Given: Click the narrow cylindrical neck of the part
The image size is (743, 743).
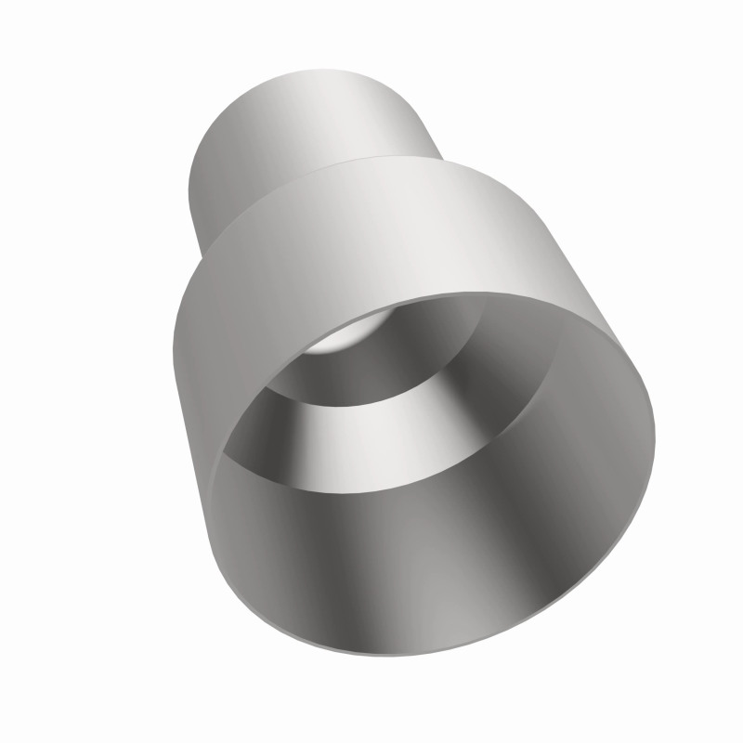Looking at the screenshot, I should pyautogui.click(x=306, y=139).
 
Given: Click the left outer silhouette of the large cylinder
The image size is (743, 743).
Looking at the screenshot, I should pyautogui.click(x=176, y=353).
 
